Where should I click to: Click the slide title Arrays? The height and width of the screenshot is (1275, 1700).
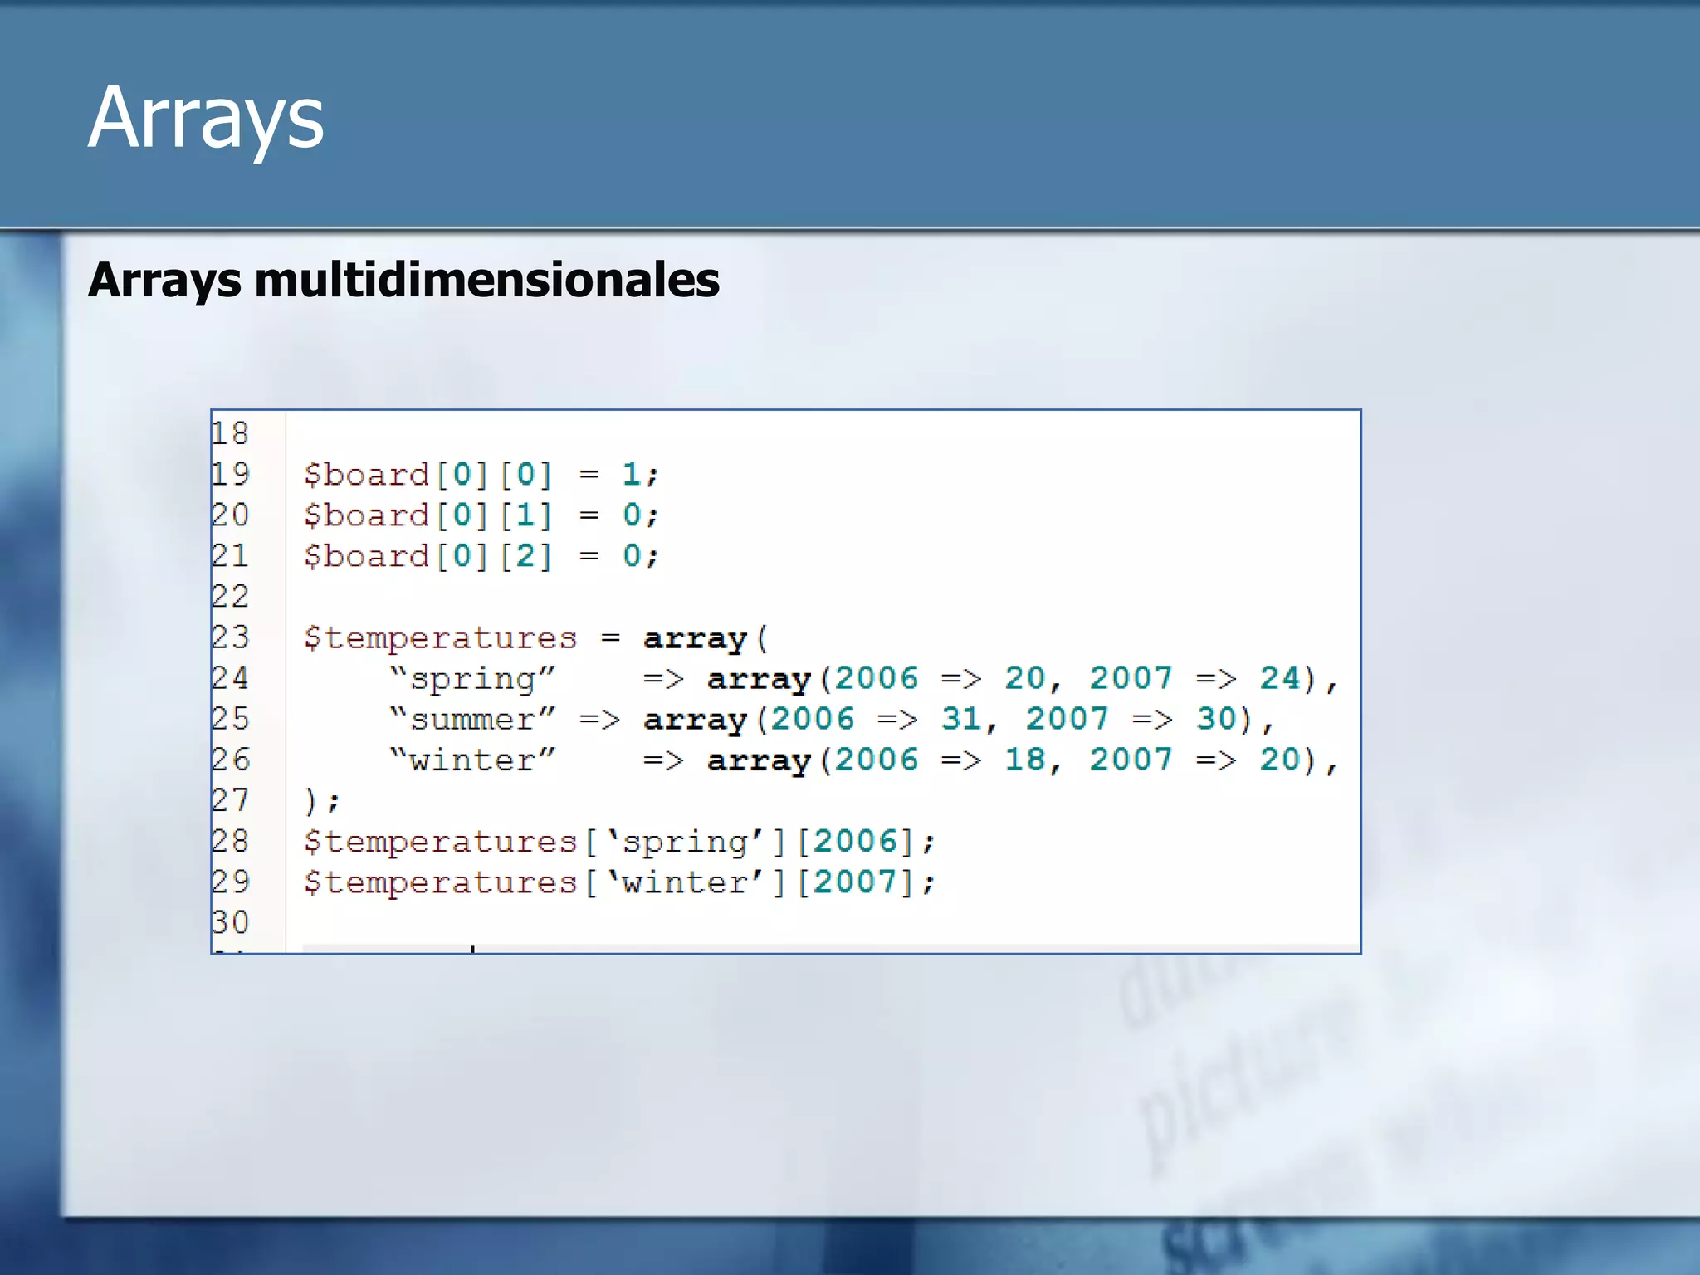[x=205, y=119]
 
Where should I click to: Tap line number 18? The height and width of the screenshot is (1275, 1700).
[x=230, y=433]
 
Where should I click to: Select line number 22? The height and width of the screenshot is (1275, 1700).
[x=230, y=596]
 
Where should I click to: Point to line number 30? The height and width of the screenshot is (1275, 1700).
[x=230, y=922]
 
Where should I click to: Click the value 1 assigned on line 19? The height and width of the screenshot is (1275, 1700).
[x=631, y=474]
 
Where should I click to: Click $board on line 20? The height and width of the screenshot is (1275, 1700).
[x=366, y=515]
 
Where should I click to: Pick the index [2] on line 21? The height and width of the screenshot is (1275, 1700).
[x=525, y=555]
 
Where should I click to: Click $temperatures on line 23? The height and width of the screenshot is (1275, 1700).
[x=440, y=637]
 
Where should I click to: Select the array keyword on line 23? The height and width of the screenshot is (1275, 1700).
[x=695, y=637]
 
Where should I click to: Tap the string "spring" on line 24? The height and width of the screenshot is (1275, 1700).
[x=472, y=678]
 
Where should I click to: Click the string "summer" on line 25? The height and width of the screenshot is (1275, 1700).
[x=472, y=719]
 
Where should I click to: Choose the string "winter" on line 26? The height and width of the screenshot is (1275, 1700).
[x=472, y=760]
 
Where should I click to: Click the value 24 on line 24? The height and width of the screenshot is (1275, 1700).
[x=1279, y=678]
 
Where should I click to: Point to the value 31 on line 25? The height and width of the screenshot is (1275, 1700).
[x=960, y=719]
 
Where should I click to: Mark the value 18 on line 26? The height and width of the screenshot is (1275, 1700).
[x=1024, y=760]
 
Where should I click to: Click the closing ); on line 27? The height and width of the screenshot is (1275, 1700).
[x=322, y=800]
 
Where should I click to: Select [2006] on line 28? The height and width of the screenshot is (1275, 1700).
[x=854, y=841]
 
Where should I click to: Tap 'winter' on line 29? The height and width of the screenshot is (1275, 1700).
[x=685, y=882]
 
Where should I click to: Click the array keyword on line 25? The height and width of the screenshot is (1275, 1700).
[x=695, y=719]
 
